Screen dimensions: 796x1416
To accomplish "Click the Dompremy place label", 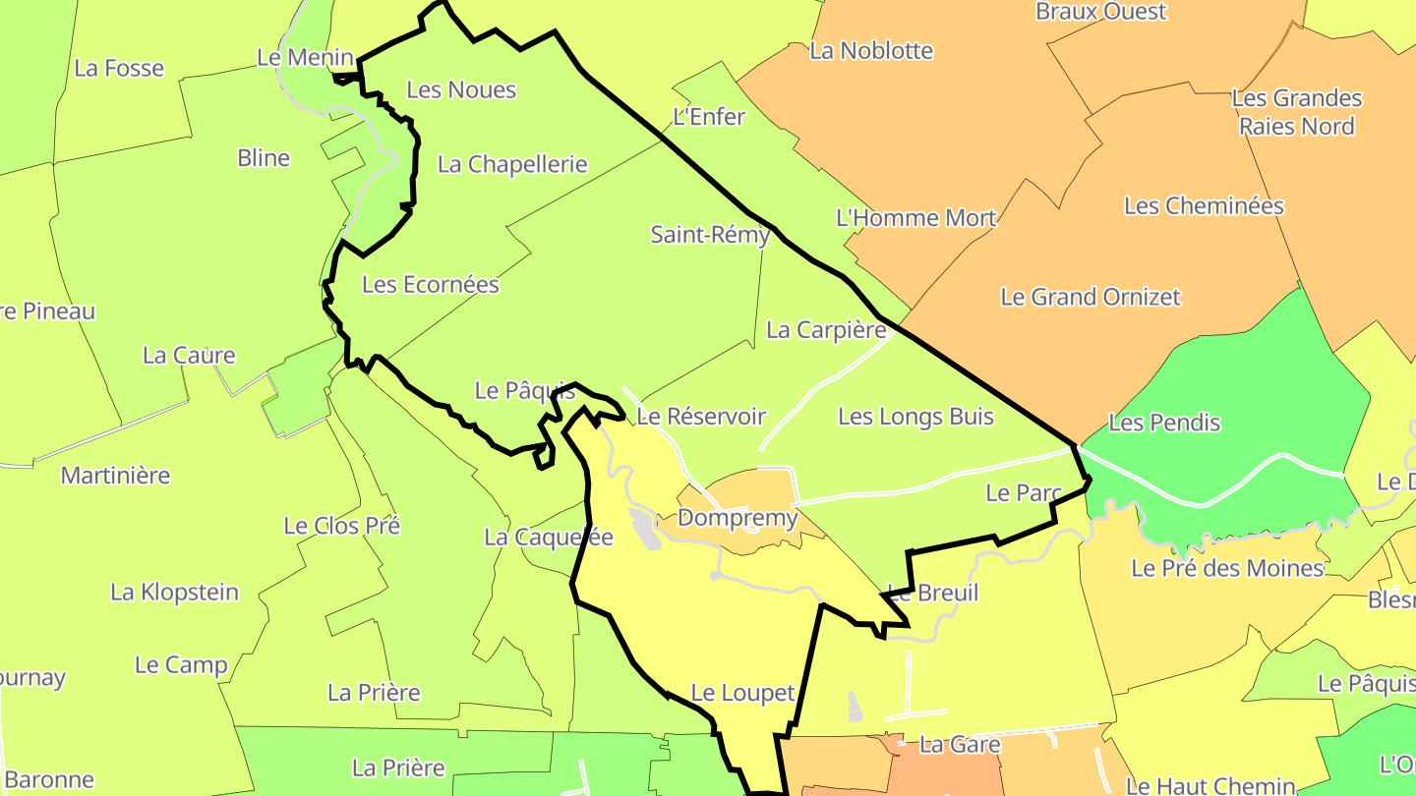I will [x=737, y=518].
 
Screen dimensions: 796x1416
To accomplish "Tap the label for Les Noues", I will [x=461, y=89].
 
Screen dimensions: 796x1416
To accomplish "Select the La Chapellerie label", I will [x=512, y=164].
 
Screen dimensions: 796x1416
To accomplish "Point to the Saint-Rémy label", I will [x=710, y=235].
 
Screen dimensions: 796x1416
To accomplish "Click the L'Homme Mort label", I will [x=915, y=218].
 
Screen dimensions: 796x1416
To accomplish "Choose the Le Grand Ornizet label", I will [x=1091, y=296].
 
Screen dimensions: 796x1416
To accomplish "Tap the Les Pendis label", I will [x=1164, y=423].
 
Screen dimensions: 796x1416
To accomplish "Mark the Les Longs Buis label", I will [x=915, y=417].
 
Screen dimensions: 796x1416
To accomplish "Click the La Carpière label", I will [x=826, y=330].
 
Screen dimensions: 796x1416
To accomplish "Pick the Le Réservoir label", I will [x=700, y=416].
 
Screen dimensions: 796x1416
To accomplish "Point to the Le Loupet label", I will [x=742, y=693].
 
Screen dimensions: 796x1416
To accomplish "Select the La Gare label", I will [x=960, y=745].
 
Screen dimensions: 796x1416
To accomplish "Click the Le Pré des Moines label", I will [x=1227, y=568].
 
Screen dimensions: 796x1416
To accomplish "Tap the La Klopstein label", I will [x=174, y=592].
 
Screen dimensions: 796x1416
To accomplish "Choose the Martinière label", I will [x=115, y=476].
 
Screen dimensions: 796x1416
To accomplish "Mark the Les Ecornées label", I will [x=431, y=285].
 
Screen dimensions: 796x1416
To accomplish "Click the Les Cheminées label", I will [x=1204, y=206].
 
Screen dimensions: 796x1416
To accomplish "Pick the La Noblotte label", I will [x=871, y=50].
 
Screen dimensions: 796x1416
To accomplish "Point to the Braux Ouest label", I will [x=1100, y=12].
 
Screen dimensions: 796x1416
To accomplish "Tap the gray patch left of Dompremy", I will [x=646, y=530].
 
